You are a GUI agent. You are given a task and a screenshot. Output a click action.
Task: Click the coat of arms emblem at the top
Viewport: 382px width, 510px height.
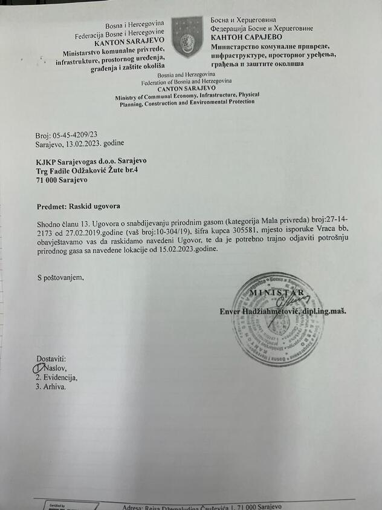[187, 37]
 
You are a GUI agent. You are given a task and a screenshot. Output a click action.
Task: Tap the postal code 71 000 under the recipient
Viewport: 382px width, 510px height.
[48, 180]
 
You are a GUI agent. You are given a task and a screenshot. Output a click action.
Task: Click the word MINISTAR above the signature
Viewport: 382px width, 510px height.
[277, 294]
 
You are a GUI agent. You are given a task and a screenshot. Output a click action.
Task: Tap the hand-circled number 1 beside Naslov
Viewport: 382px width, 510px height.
[38, 367]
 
